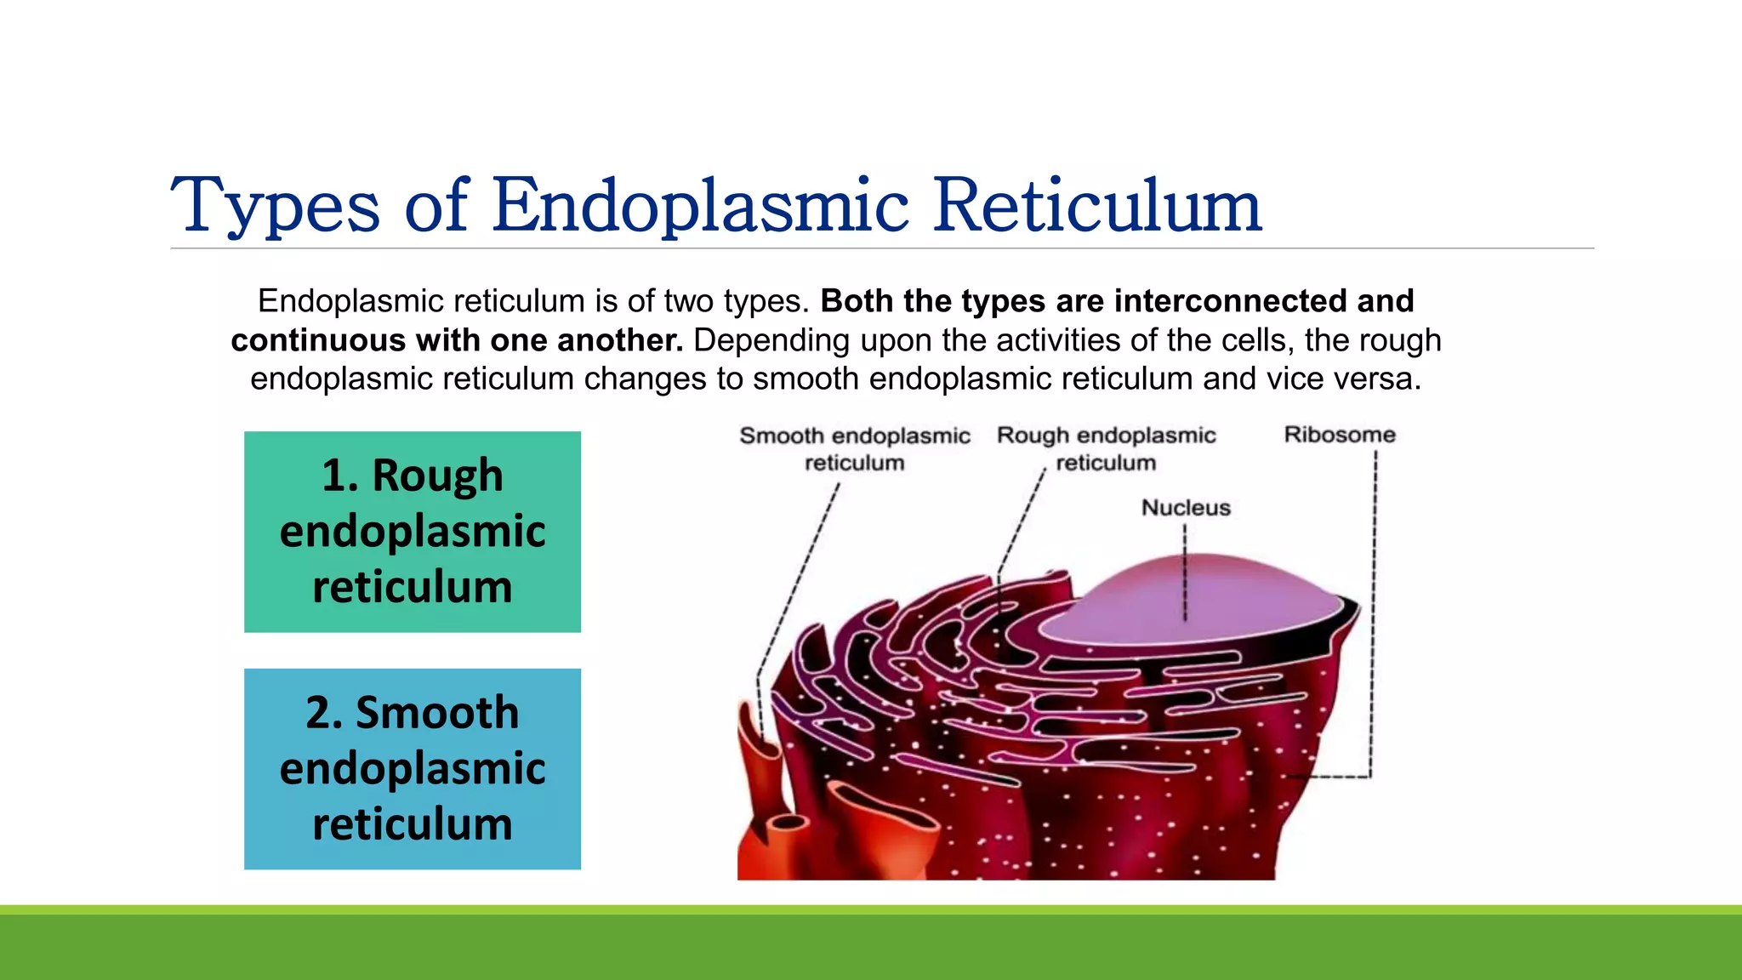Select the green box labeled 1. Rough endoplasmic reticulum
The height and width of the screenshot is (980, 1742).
413,532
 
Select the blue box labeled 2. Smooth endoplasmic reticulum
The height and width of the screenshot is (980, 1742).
413,769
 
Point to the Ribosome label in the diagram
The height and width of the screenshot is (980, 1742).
1340,435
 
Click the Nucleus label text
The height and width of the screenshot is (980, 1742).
1186,508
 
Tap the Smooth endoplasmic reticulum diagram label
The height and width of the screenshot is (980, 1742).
854,448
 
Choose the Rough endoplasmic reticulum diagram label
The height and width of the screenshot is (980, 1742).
1106,448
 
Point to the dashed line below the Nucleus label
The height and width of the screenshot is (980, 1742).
1185,570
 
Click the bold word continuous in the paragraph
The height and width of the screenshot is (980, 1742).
318,340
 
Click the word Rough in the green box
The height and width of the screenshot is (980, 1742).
437,475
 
